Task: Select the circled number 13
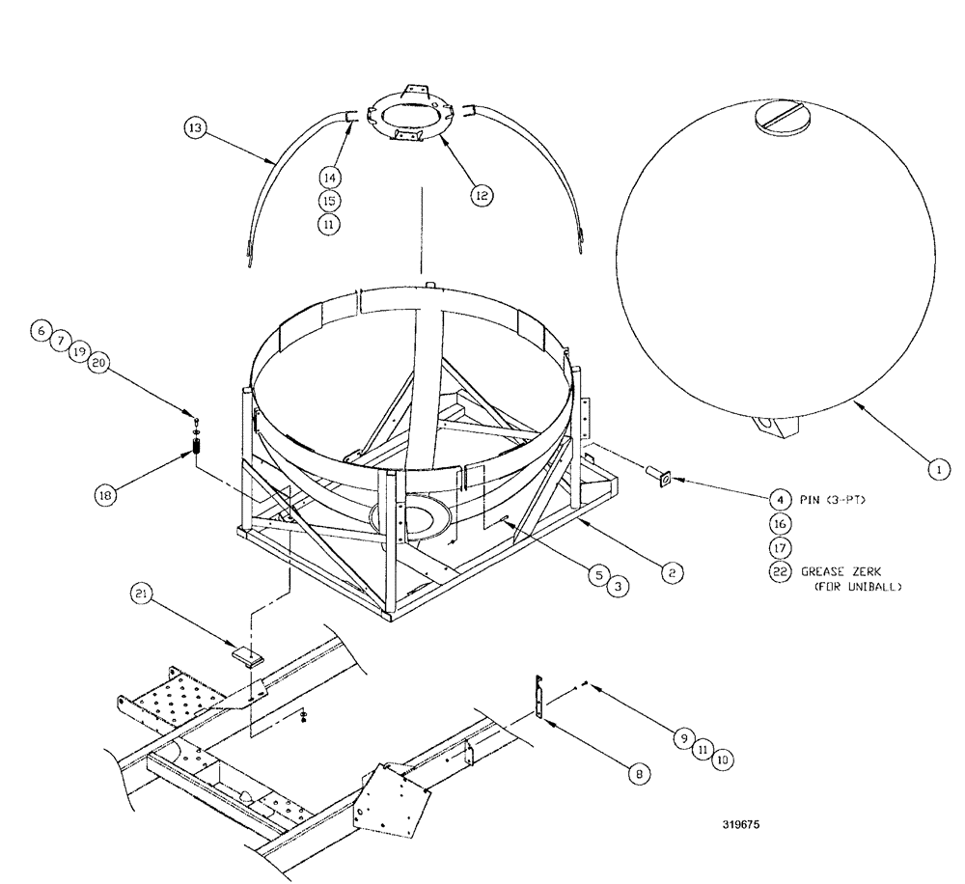(x=195, y=129)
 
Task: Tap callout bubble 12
(x=481, y=194)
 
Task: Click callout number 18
(x=106, y=494)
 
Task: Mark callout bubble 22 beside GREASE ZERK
(x=779, y=570)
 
